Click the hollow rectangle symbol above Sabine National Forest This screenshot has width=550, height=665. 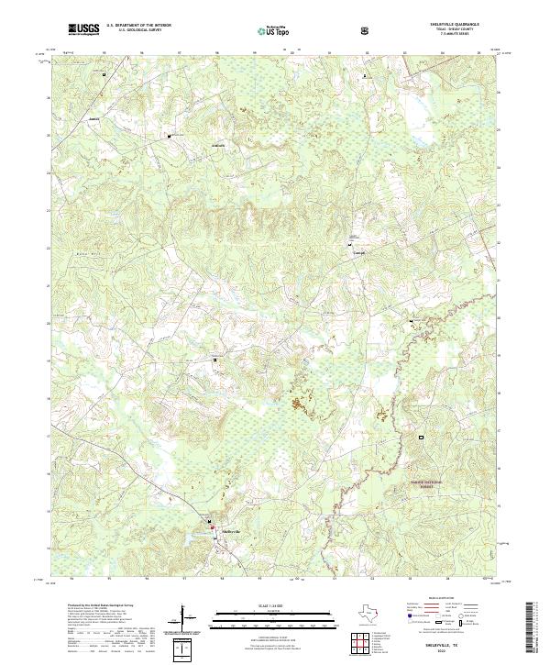pos(423,438)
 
